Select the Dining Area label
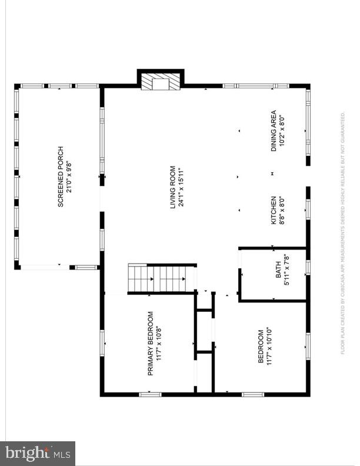274,131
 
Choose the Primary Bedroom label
150,344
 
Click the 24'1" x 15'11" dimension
181,187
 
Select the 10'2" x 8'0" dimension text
282,131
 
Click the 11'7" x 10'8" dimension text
158,344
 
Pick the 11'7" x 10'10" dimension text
269,347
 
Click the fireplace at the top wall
161,82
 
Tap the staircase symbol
162,277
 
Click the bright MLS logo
38,454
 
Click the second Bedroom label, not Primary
261,347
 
